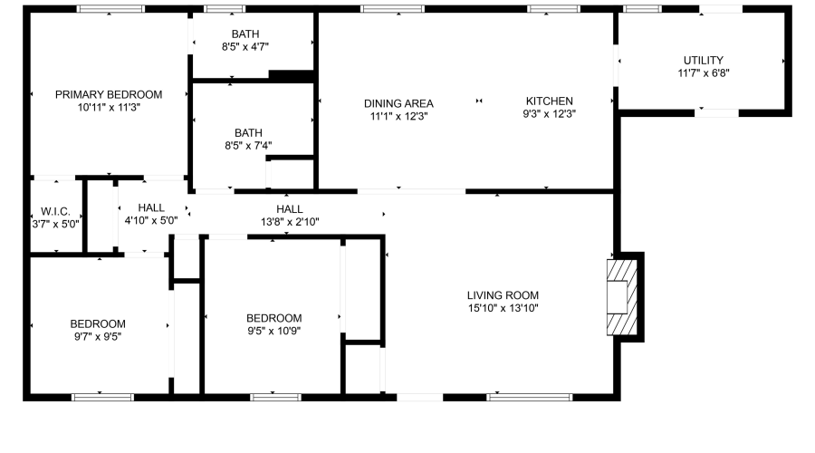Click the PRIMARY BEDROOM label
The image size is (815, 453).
tap(109, 94)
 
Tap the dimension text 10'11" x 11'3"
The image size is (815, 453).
tap(109, 107)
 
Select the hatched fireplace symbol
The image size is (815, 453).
tap(621, 297)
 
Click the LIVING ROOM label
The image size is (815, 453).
tap(503, 294)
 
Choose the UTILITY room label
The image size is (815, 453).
tap(704, 60)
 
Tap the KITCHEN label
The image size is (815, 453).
tap(549, 101)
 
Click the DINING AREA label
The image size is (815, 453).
tap(398, 103)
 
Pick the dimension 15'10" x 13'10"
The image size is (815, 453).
tap(503, 308)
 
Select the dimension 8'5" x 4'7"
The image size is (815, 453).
tap(245, 46)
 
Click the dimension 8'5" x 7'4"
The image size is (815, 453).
tap(248, 145)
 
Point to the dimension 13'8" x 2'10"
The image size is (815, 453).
tap(290, 222)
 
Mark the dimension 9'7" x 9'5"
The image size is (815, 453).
tap(98, 337)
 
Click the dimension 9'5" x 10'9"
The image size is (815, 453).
tap(274, 331)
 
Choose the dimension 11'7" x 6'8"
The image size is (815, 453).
tap(704, 72)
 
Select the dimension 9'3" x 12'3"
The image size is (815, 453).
tap(549, 114)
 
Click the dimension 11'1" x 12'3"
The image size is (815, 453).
tap(398, 116)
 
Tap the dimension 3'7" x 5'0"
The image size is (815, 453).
tap(56, 223)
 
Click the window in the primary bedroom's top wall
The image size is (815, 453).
tap(110, 9)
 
